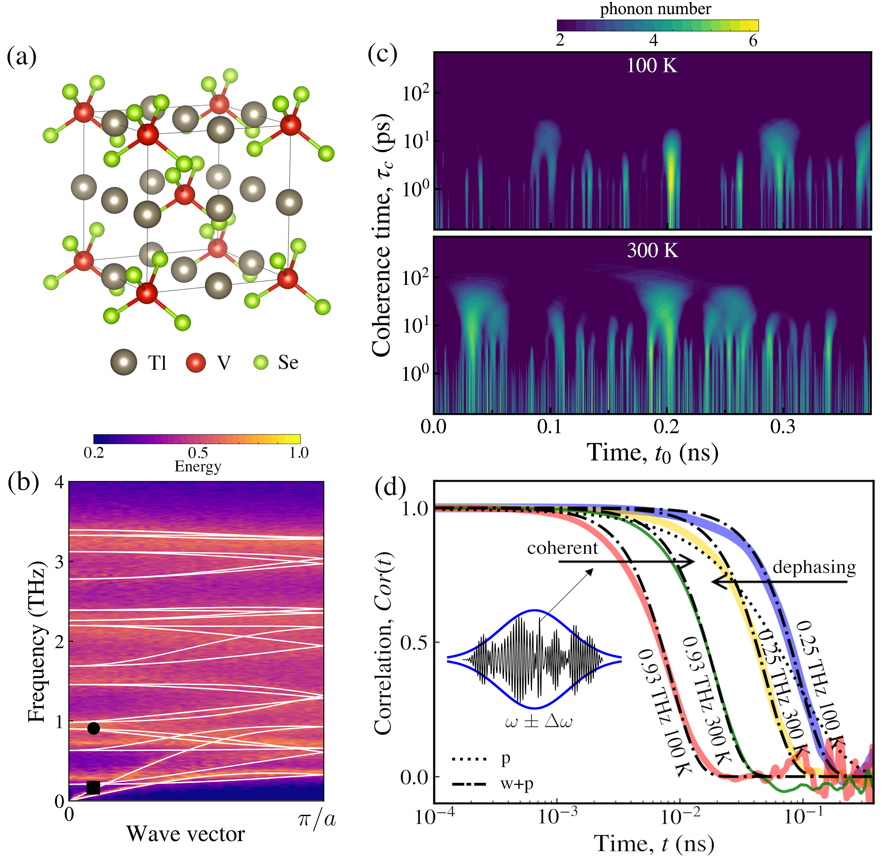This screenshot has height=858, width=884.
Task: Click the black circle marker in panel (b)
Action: (x=94, y=728)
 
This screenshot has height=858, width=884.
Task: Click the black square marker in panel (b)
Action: (x=93, y=787)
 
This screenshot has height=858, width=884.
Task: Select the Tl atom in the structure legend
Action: (x=124, y=362)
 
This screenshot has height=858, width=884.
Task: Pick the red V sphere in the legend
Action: (x=196, y=363)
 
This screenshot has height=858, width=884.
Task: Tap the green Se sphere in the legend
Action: (x=261, y=362)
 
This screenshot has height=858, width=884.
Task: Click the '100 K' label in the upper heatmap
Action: (x=652, y=65)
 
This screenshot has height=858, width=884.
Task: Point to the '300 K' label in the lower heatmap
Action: (x=652, y=250)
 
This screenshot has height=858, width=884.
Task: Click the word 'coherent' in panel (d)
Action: (x=562, y=548)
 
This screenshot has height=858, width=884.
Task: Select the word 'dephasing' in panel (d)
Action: (x=814, y=567)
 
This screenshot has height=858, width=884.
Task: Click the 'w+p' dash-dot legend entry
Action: (x=517, y=784)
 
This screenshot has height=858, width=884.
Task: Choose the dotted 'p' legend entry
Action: (x=506, y=758)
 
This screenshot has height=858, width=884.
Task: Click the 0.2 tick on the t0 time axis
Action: (x=666, y=427)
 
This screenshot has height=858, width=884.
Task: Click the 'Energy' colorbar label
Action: (x=198, y=466)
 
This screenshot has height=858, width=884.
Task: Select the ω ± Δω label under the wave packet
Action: (x=539, y=721)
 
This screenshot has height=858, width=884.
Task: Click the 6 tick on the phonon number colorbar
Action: (x=753, y=40)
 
